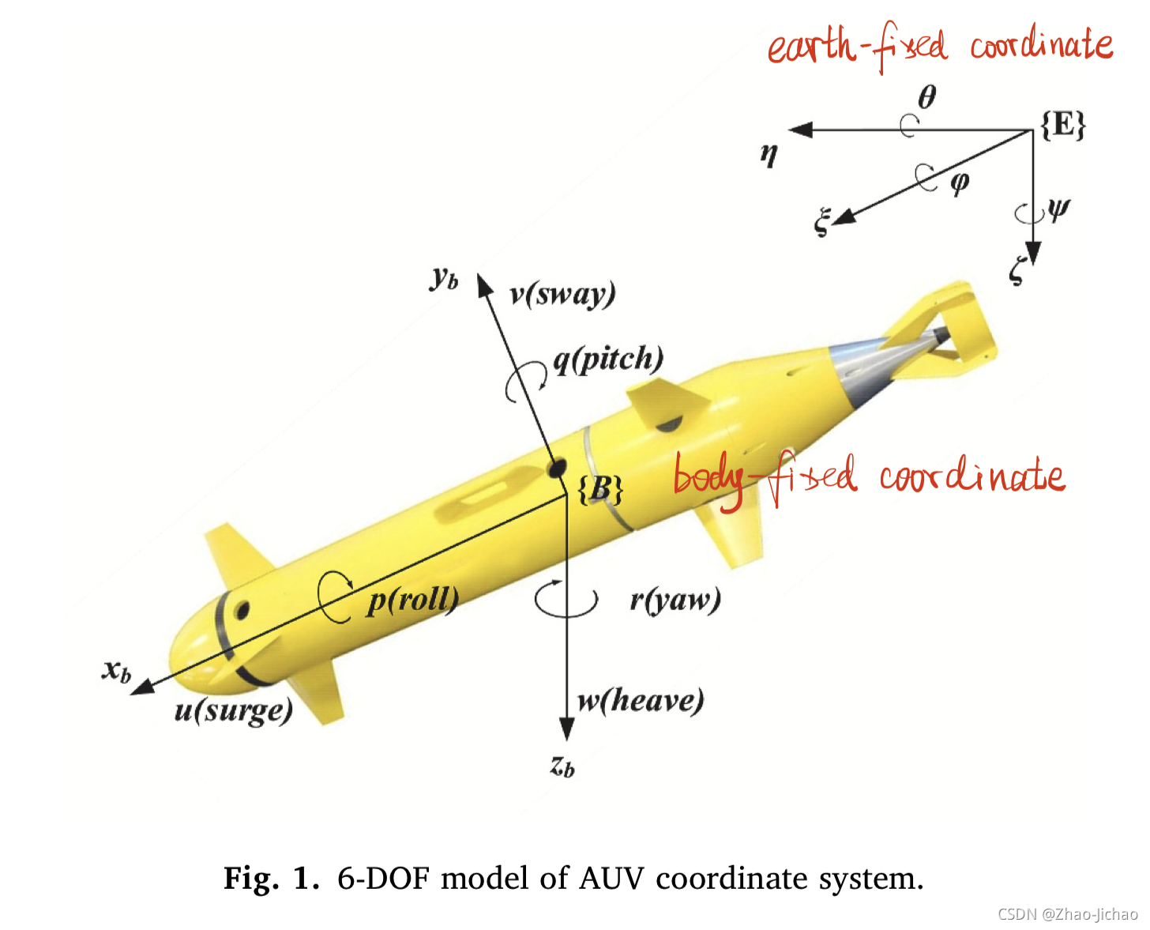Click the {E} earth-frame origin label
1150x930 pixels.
tap(1063, 125)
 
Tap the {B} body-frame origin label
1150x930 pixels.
tap(600, 489)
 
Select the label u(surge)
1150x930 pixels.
tap(233, 710)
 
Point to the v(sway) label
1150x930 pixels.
tap(562, 294)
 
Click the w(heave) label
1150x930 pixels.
tap(641, 700)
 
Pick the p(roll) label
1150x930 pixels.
tap(413, 601)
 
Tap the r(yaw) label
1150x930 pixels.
tap(675, 601)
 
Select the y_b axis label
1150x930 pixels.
tap(445, 278)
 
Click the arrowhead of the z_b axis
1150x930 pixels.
tap(566, 729)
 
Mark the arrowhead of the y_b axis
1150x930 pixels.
tap(484, 286)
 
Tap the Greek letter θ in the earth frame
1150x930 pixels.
tap(926, 97)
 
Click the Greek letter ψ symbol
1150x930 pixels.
tap(1058, 209)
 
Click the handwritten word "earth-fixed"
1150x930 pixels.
tap(857, 47)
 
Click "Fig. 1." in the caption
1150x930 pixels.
tap(272, 878)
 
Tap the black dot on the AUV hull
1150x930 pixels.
tap(556, 468)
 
